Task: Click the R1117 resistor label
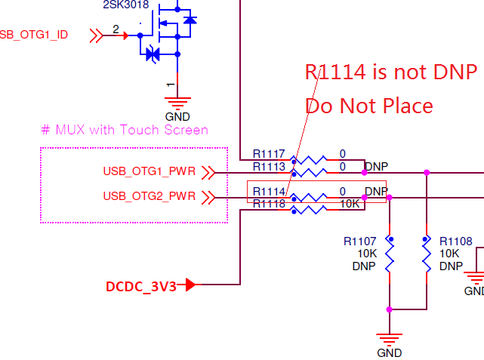coord(269,154)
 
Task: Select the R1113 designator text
coord(269,166)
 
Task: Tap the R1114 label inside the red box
coord(269,192)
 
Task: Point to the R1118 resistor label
coord(269,204)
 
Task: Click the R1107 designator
coord(359,242)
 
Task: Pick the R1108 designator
coord(455,242)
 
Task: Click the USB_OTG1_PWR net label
coord(150,173)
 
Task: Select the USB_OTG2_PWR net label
coord(150,197)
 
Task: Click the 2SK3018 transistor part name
coord(125,5)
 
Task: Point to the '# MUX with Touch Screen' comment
coord(125,130)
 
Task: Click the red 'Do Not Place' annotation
coord(368,106)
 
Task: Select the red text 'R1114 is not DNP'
coord(390,72)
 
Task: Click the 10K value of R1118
coord(348,204)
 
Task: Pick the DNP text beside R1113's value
coord(376,166)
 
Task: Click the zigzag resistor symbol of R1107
coord(390,255)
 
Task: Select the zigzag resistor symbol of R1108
coord(427,255)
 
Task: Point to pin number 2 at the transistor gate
coord(116,29)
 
